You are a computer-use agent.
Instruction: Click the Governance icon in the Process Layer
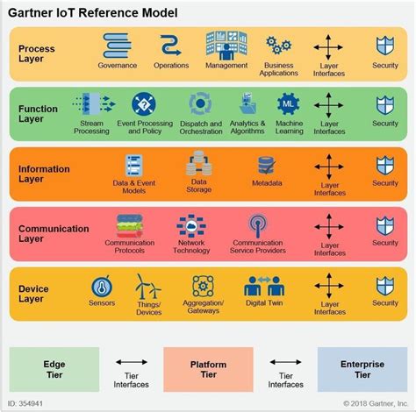[117, 46]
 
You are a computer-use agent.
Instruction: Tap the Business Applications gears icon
[278, 45]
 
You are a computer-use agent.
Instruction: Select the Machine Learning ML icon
[290, 104]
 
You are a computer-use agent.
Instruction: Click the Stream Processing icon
[91, 104]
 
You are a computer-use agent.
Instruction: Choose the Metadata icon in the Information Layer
[267, 166]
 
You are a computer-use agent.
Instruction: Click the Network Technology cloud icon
[191, 226]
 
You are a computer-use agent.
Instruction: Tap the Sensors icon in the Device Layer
[102, 287]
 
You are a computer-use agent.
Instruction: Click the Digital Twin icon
[262, 287]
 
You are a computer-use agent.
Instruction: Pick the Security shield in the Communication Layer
[384, 225]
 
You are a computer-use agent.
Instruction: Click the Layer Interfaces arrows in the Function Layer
[329, 104]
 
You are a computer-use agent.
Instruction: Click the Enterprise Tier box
[362, 369]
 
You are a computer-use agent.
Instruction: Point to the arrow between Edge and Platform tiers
[131, 362]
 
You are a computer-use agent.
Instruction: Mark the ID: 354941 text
[25, 403]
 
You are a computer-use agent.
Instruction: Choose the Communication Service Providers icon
[257, 226]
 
